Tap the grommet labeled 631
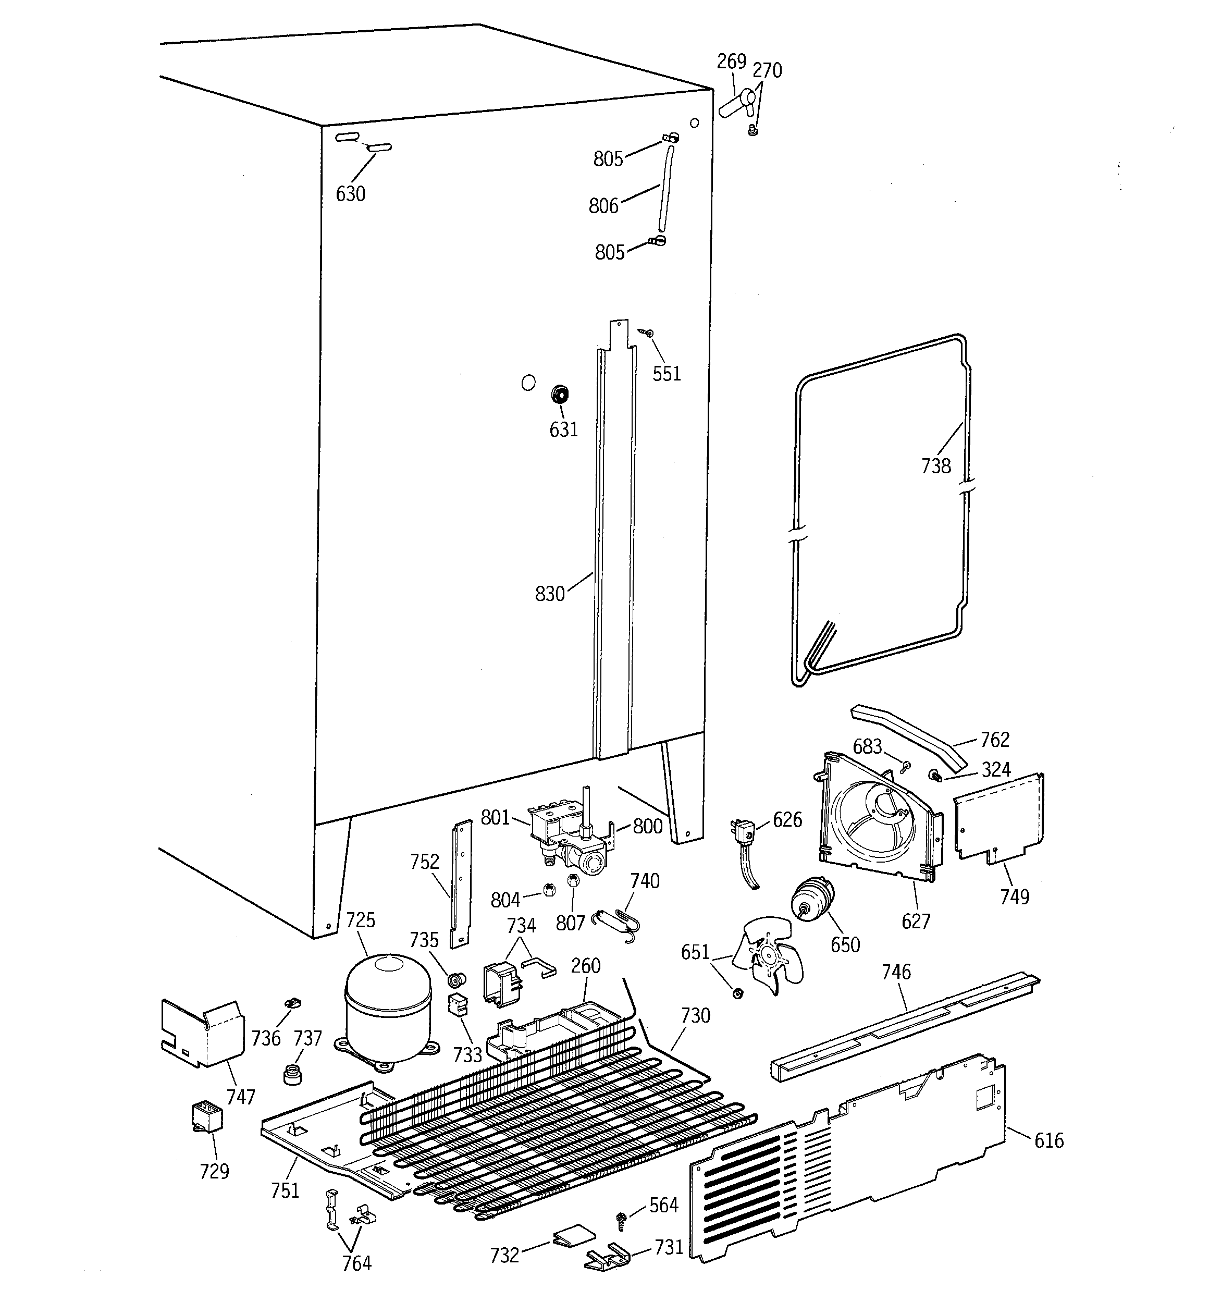coord(559,394)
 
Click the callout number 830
coord(549,593)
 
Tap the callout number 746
coord(896,972)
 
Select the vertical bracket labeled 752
coord(463,882)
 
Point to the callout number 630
coord(350,193)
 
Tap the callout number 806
coord(603,206)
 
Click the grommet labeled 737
coord(293,1074)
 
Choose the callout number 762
coord(995,739)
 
